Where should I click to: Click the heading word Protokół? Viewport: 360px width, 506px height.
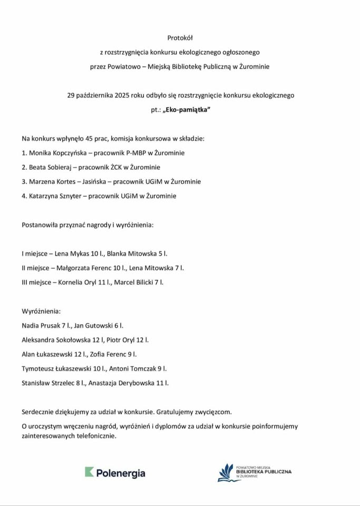click(180, 38)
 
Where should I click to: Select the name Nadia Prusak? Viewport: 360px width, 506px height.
click(41, 326)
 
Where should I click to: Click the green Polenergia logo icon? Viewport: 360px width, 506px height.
click(89, 473)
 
